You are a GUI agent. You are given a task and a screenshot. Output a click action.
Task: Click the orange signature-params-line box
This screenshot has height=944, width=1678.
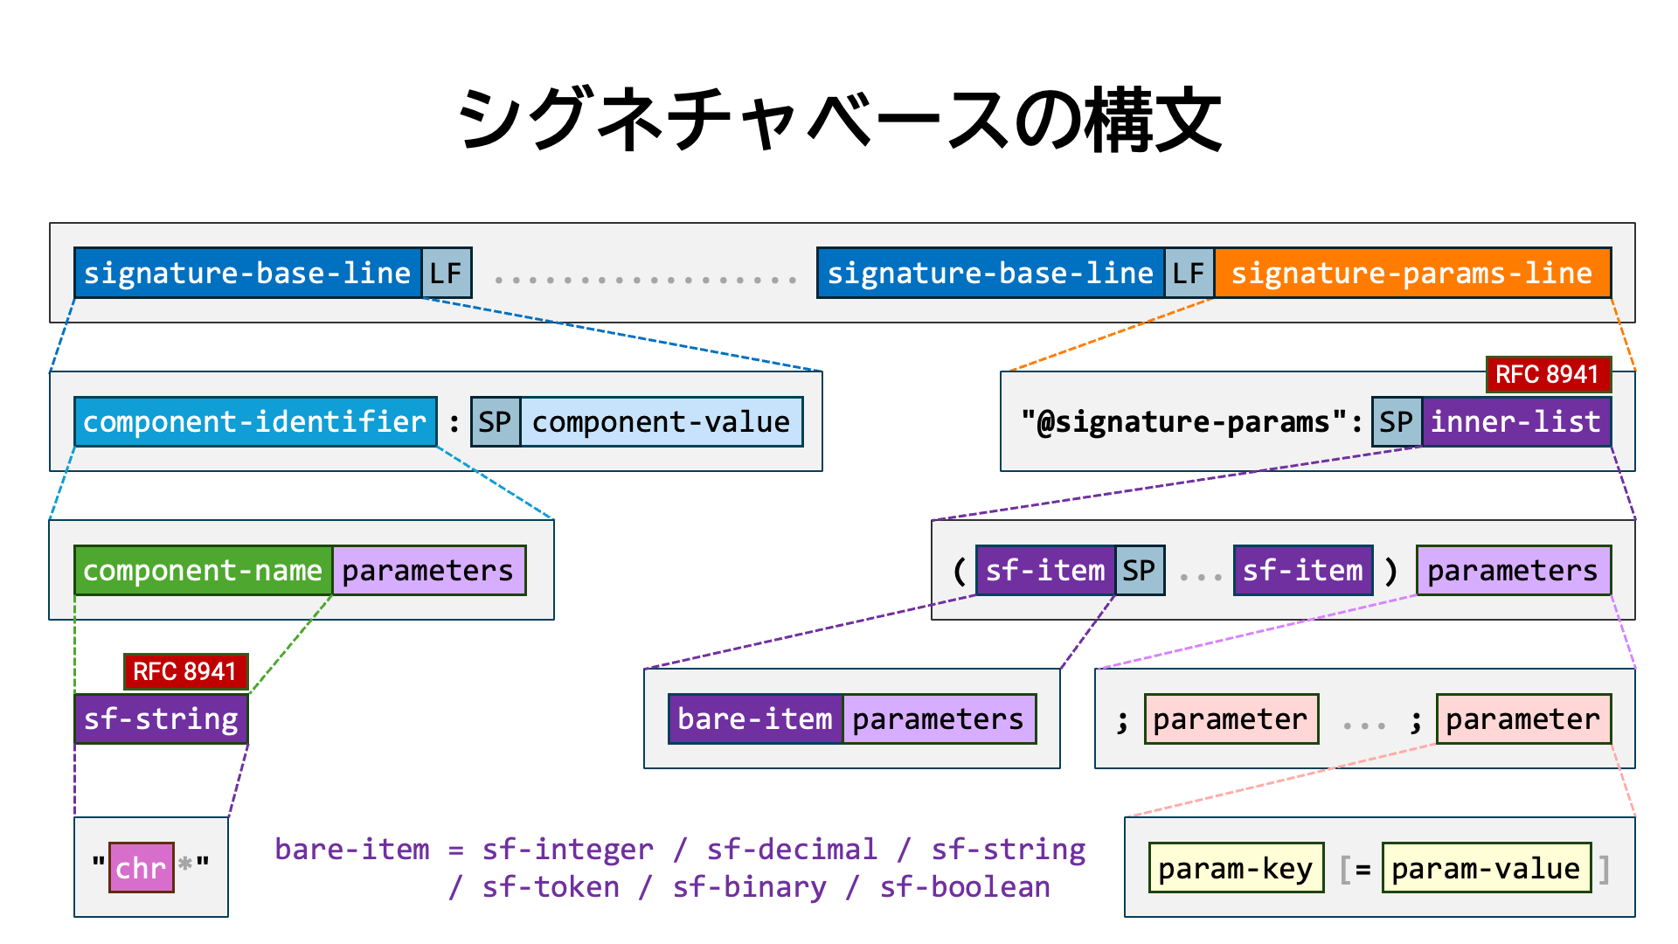click(1412, 273)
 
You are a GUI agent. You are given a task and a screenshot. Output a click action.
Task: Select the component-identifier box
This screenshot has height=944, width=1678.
click(255, 421)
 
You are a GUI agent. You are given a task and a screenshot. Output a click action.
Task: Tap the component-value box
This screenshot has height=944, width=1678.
click(662, 421)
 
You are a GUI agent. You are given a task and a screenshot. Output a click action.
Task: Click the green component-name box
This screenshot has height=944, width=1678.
click(203, 570)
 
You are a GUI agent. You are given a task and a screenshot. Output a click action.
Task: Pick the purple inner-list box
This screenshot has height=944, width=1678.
click(1516, 421)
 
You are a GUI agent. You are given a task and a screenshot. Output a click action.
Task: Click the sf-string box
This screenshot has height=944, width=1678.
click(162, 718)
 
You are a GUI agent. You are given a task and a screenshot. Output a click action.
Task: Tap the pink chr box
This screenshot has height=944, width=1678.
click(142, 867)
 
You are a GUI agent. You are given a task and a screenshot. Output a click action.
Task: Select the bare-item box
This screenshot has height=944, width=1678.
click(756, 718)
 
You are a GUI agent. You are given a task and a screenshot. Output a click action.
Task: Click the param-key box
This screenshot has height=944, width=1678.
click(1236, 867)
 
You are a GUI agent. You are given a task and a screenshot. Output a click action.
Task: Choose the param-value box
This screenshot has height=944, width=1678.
click(1487, 867)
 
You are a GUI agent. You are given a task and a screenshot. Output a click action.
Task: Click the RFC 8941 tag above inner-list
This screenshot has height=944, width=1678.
click(1548, 374)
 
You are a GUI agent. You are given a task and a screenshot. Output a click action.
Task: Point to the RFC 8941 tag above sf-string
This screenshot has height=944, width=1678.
click(185, 671)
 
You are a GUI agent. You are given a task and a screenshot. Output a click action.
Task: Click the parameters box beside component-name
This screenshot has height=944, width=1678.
click(429, 570)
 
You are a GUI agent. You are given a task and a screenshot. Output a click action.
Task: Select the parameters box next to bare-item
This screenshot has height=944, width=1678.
click(940, 718)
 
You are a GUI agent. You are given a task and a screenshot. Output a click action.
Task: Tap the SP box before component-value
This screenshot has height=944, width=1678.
click(496, 421)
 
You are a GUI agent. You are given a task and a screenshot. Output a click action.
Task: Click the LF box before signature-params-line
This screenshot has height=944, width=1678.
click(1189, 273)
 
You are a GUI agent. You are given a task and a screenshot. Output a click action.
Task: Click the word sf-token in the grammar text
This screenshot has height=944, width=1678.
click(551, 887)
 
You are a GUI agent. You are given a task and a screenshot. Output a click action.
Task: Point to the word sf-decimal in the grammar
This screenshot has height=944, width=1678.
click(792, 850)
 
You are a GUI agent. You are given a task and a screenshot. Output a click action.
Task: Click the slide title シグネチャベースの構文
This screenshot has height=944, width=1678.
click(839, 120)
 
